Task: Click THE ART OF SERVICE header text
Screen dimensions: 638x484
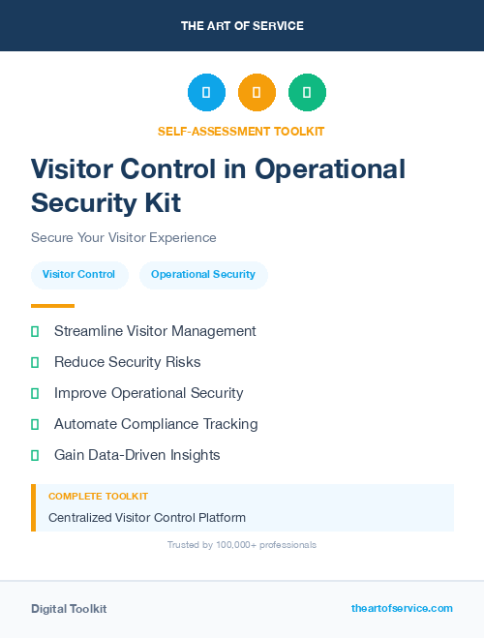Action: pos(242,26)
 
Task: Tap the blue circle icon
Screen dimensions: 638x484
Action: pos(206,93)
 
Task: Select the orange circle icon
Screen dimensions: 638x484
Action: pos(257,93)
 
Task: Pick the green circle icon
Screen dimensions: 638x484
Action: pos(307,93)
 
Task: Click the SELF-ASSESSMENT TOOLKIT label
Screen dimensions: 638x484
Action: pos(241,131)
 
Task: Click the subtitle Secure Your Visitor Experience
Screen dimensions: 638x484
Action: pos(124,237)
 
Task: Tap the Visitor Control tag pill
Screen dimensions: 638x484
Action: pos(78,275)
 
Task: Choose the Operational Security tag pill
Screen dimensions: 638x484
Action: pos(203,275)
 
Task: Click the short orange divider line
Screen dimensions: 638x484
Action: pos(52,306)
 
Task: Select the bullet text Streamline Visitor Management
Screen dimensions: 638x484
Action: pos(155,331)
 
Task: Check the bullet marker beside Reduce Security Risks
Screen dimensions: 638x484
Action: pos(35,362)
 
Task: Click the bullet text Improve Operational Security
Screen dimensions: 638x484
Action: pos(149,393)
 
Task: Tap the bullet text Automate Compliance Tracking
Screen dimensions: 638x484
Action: pos(156,424)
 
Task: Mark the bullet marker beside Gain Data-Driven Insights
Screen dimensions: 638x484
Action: pos(35,455)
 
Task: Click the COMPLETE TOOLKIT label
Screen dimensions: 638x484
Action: pos(84,496)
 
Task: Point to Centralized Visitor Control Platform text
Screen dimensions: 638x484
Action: pos(147,518)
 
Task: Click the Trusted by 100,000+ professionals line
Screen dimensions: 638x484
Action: pos(242,545)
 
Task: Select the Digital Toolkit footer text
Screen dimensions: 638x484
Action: pos(69,609)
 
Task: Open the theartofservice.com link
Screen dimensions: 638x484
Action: pos(402,608)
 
